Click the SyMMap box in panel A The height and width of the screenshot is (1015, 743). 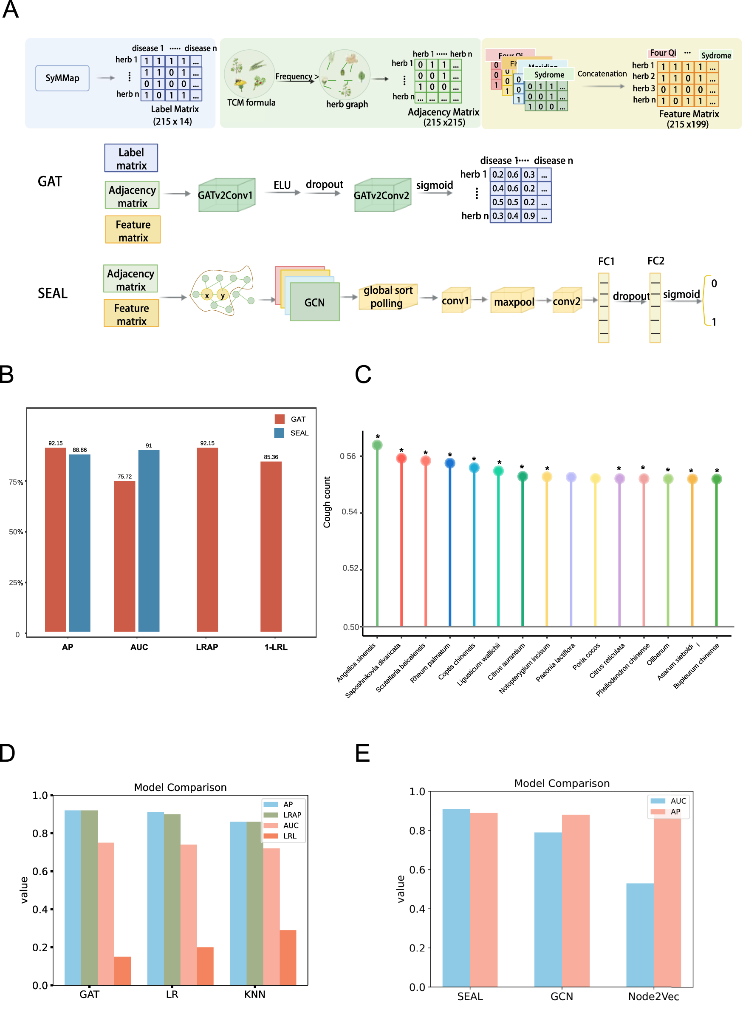click(x=62, y=78)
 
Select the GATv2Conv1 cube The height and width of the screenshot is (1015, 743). click(x=226, y=195)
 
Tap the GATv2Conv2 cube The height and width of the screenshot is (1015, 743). click(x=382, y=195)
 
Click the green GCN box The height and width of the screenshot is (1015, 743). click(x=314, y=302)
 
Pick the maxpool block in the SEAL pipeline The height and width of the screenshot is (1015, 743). click(x=514, y=301)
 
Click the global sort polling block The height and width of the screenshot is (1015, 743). click(x=388, y=297)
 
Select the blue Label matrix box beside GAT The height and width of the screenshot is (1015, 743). click(x=131, y=159)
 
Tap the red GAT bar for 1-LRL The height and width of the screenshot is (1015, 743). click(x=271, y=546)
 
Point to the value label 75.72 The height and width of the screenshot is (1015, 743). click(x=124, y=476)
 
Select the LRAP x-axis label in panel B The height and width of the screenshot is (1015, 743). click(x=207, y=647)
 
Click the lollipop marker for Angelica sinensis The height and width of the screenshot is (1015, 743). click(x=377, y=445)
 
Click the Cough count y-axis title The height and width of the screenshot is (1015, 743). click(x=327, y=502)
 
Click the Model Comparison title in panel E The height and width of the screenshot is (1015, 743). click(x=562, y=783)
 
